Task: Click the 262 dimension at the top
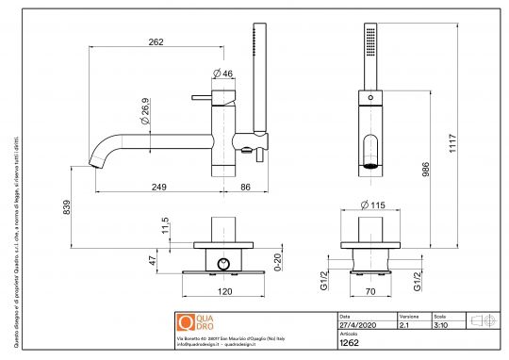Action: [x=156, y=41]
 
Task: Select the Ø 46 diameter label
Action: [x=222, y=73]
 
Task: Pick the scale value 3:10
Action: [x=439, y=323]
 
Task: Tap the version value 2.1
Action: [x=403, y=323]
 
